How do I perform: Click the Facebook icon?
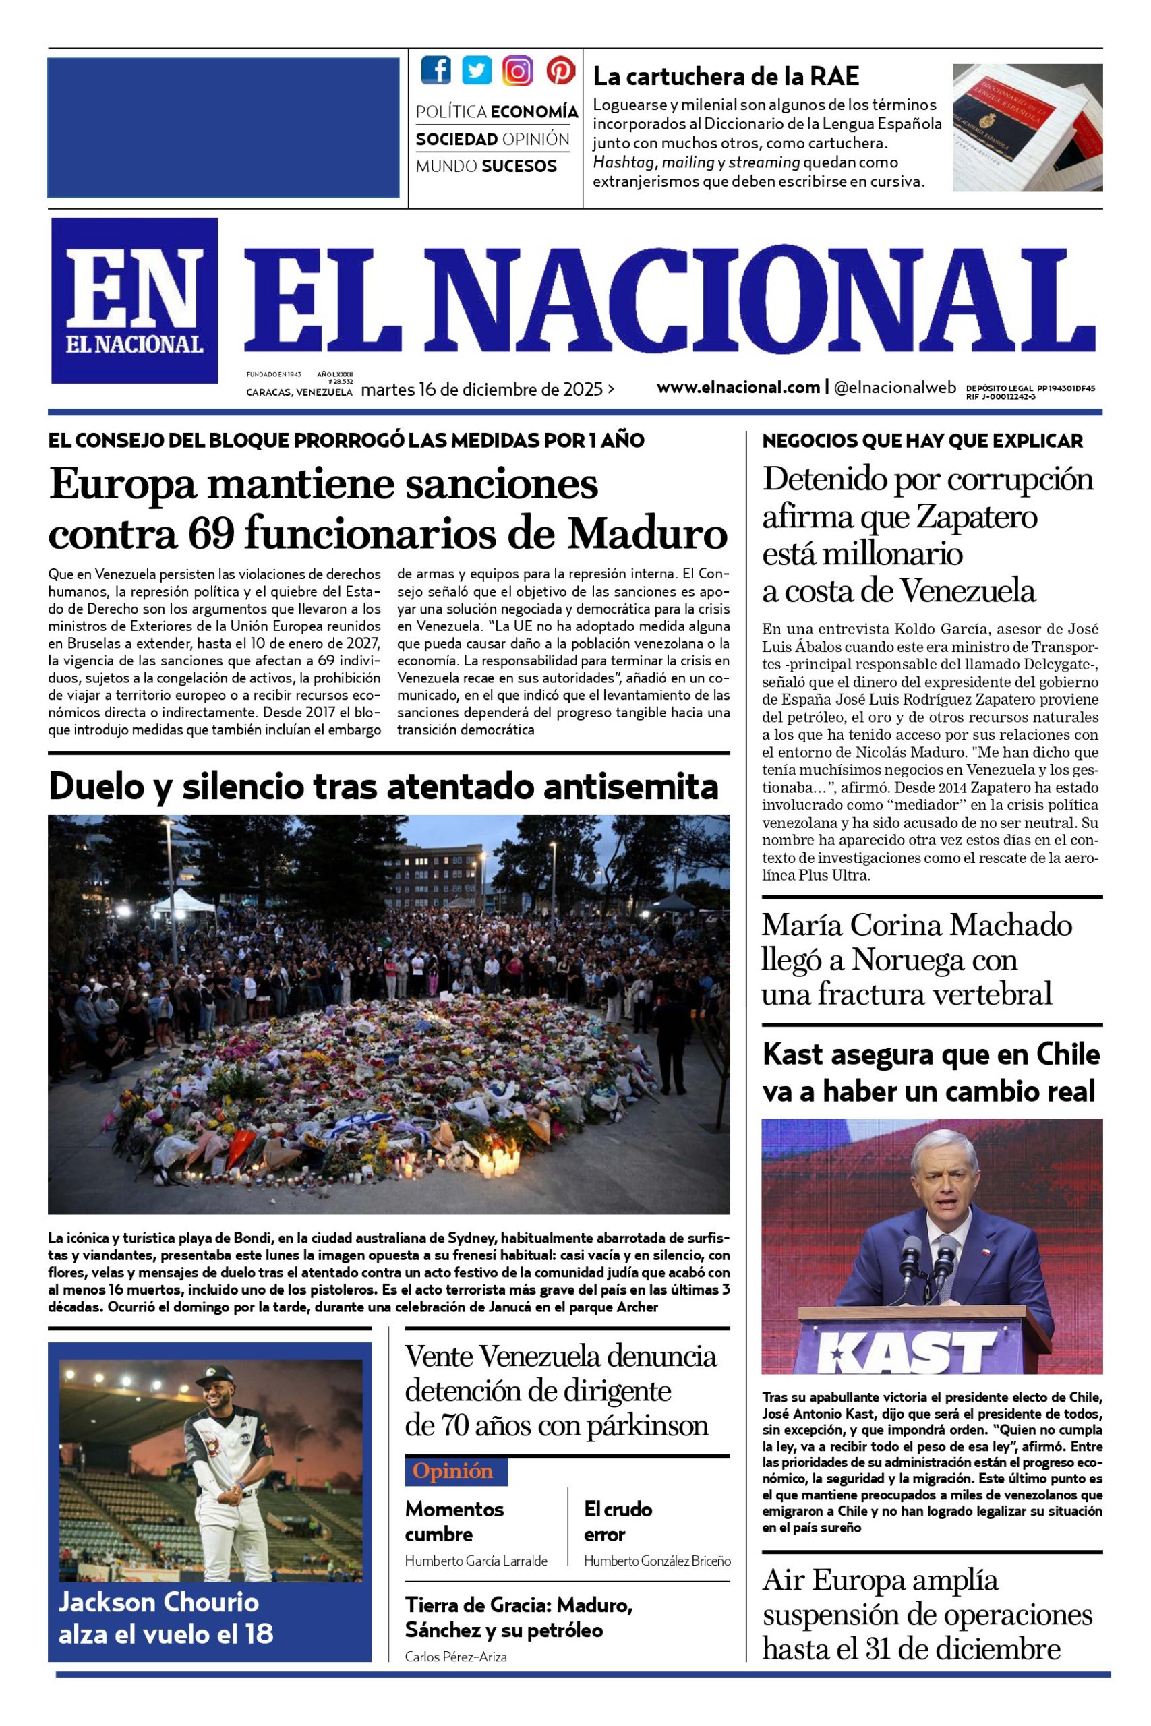click(x=436, y=70)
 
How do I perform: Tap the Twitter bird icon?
click(x=477, y=70)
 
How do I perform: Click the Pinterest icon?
click(x=560, y=70)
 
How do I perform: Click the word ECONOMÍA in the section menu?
click(x=535, y=111)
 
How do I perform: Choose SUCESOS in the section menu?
click(x=520, y=167)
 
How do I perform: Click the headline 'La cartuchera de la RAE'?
click(x=726, y=76)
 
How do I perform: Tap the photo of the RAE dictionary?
click(x=1027, y=127)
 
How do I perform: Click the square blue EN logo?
click(x=134, y=300)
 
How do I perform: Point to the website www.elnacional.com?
click(x=738, y=388)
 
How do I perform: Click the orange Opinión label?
click(x=452, y=1470)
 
